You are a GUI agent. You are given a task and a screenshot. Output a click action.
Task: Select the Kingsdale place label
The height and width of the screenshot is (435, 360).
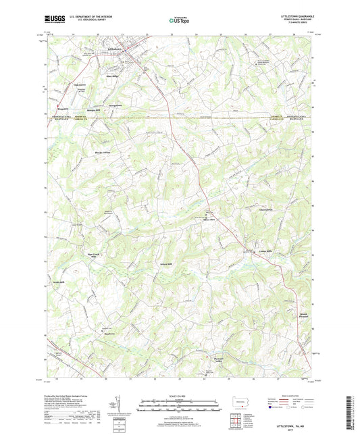tap(63, 107)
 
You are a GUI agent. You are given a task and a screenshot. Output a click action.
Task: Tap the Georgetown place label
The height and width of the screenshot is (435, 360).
tap(115, 105)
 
